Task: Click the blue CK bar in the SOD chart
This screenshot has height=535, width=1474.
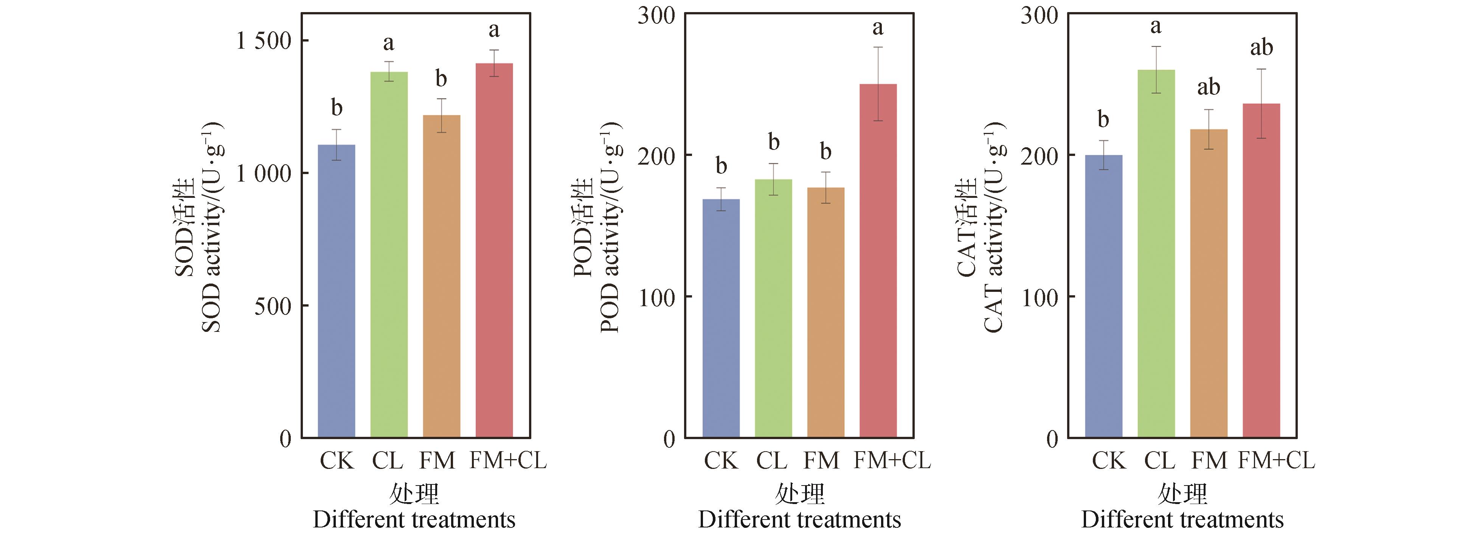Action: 337,291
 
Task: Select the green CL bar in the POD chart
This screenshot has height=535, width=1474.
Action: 773,309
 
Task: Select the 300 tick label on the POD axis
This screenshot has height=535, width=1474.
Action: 656,15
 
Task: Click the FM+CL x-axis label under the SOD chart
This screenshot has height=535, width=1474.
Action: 508,461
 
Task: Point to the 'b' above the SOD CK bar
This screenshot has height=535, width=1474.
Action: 337,108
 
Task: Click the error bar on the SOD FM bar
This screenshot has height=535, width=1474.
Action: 441,116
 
